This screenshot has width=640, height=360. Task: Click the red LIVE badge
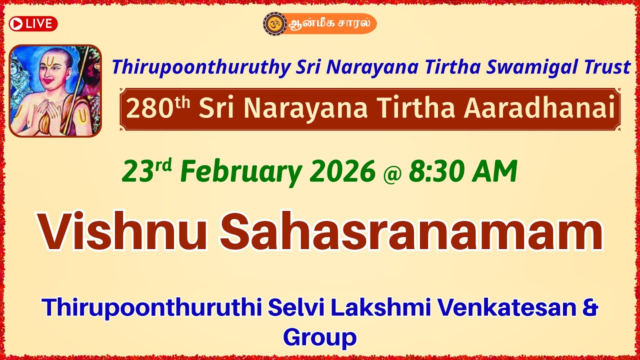pyautogui.click(x=33, y=23)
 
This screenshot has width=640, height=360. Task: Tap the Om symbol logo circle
pyautogui.click(x=274, y=23)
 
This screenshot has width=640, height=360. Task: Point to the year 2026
pyautogui.click(x=342, y=172)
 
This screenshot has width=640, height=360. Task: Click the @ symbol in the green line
pyautogui.click(x=392, y=173)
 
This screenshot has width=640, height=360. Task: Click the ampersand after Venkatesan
pyautogui.click(x=590, y=307)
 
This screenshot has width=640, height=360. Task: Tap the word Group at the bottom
pyautogui.click(x=320, y=337)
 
